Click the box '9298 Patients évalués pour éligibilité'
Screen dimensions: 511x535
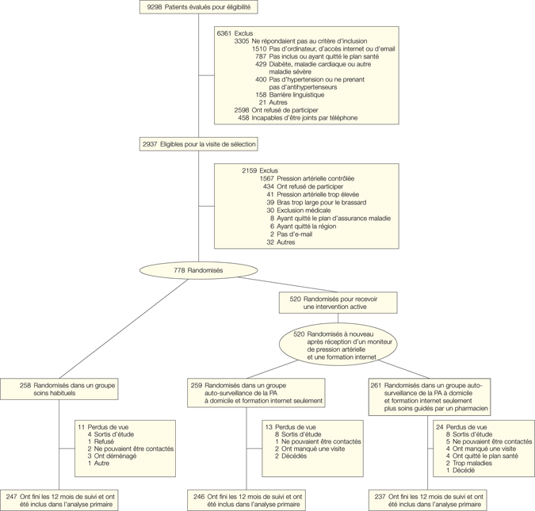pos(198,7)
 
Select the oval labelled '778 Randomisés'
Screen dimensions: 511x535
pos(198,271)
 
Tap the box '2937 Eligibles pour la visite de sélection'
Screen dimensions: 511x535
pos(198,144)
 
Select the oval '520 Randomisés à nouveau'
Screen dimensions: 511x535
pos(338,343)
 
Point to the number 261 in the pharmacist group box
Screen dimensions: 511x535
pos(377,386)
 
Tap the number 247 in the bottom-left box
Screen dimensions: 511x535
pos(13,496)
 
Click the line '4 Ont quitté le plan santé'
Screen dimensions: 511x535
pos(481,456)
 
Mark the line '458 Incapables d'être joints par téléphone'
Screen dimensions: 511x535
pos(297,118)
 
